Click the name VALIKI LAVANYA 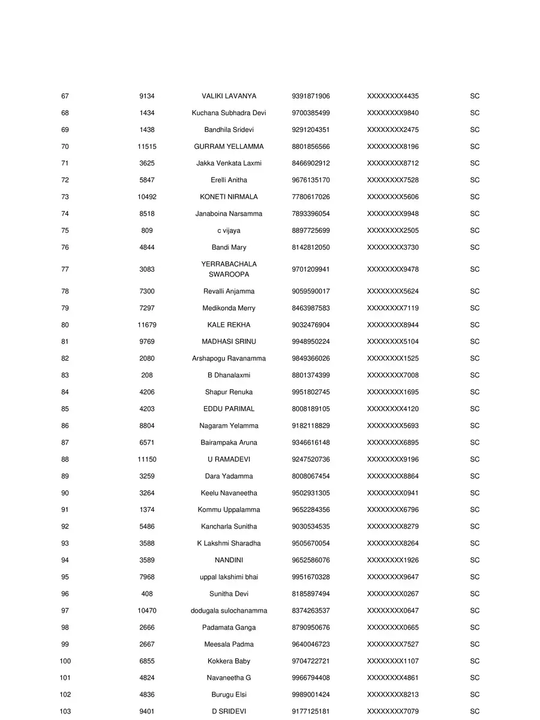pos(229,96)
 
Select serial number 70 pos(65,146)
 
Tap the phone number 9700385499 pos(311,113)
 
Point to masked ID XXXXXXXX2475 pos(393,130)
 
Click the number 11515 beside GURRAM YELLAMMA pos(147,146)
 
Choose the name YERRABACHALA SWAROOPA pos(229,269)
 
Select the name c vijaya pos(229,230)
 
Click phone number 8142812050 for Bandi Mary pos(311,247)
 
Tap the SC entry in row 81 pos(475,341)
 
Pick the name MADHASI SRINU pos(229,341)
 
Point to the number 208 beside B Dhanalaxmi pos(147,375)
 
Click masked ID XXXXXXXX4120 pos(393,409)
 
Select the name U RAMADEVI pos(229,459)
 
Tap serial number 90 pos(65,493)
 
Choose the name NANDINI pos(229,560)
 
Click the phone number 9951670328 pos(311,577)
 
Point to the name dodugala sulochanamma pos(229,610)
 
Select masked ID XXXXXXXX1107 pos(393,661)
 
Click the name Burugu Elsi pos(229,694)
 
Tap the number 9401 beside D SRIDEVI pos(147,711)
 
